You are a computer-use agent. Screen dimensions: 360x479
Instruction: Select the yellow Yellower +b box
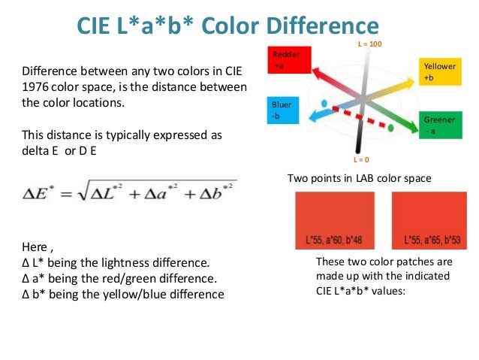(441, 72)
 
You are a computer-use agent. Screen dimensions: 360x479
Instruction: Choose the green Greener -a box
(441, 125)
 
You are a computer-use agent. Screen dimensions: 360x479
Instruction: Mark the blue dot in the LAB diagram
(324, 103)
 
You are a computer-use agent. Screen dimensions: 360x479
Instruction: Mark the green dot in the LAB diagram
(391, 129)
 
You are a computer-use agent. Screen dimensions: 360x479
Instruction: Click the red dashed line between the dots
(359, 116)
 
